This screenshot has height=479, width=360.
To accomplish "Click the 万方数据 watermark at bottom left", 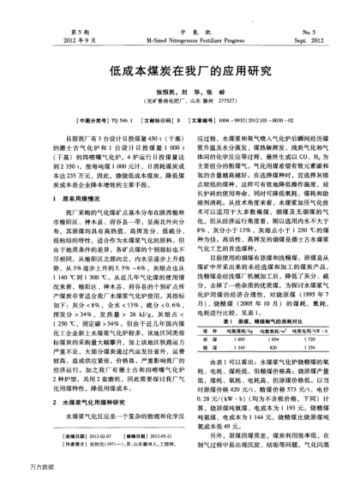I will click(19, 470).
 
